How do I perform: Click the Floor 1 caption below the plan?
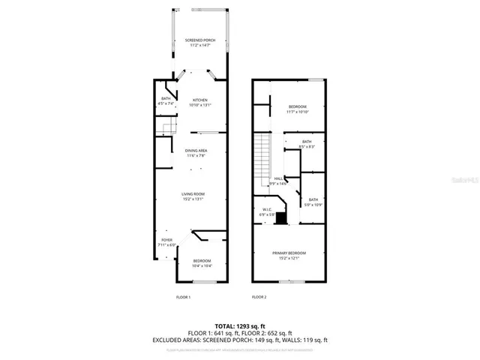point(184,297)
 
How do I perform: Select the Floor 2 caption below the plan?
point(259,297)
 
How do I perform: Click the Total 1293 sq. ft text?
point(239,325)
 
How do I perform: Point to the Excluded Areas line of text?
point(239,340)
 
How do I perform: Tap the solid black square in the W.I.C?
point(280,219)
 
